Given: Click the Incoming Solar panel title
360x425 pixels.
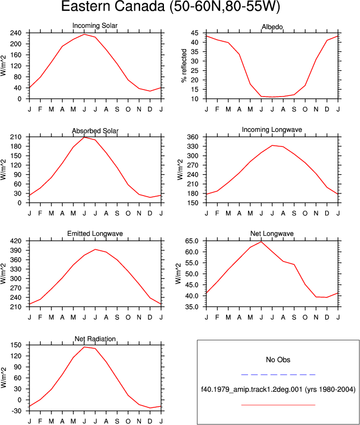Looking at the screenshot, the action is point(95,26).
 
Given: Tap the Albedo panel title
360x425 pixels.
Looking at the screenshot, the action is point(272,27).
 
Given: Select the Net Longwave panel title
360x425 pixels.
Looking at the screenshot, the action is point(272,233).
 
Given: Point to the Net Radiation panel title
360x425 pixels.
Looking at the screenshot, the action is point(95,339).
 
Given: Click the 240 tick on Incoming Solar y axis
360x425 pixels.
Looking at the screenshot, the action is point(16,33).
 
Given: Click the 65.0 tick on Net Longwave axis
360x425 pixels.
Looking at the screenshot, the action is point(191,241).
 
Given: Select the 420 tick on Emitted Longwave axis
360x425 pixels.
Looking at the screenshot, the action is point(16,241).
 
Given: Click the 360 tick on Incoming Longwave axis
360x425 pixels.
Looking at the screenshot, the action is point(193,137).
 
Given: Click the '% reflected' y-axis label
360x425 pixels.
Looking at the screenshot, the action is point(184,65).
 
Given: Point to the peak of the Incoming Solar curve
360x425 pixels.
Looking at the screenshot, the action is point(84,34).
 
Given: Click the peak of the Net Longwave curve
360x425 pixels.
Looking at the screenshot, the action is point(261,242).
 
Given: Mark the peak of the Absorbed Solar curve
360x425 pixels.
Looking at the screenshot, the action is point(84,137).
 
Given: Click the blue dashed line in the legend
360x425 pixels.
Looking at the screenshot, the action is point(278,375).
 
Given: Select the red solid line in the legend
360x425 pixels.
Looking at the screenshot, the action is point(278,405).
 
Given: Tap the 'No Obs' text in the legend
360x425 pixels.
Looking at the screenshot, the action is point(278,360).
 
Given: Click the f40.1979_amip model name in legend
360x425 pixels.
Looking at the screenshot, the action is point(252,390).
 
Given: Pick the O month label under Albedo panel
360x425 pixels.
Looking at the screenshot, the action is point(305,109).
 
